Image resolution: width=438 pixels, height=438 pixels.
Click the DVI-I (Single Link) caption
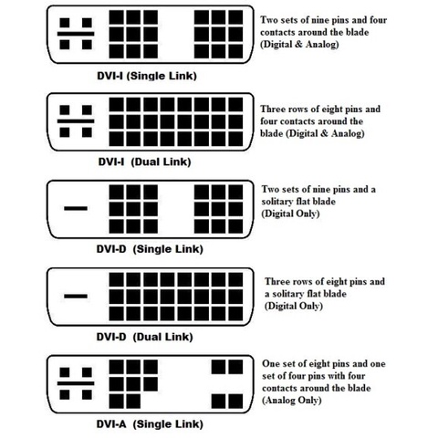[147, 76]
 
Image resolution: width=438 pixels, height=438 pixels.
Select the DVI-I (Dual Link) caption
[144, 162]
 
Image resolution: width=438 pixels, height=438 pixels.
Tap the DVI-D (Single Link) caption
[150, 249]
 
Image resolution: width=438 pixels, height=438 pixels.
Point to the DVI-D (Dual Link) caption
[144, 337]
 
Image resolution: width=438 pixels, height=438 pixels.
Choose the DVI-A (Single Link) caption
[150, 424]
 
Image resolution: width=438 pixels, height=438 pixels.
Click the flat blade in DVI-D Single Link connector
[76, 208]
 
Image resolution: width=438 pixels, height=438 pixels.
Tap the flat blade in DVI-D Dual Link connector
[76, 296]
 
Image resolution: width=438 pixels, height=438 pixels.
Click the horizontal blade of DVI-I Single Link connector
[76, 34]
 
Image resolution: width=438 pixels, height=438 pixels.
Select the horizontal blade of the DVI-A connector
[76, 383]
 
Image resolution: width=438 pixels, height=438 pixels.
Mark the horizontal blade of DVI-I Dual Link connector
[76, 121]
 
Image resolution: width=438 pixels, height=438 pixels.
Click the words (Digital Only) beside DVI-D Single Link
[290, 214]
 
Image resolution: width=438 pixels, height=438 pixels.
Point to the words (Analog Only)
[292, 400]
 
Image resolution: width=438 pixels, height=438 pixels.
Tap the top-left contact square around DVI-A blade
[65, 372]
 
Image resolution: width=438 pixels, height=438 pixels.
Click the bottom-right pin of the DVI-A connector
[235, 401]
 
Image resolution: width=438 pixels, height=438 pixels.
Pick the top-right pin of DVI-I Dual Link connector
[235, 104]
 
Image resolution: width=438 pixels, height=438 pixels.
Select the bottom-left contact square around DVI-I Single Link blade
[65, 45]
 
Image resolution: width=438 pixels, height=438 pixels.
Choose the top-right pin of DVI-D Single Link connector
[235, 192]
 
